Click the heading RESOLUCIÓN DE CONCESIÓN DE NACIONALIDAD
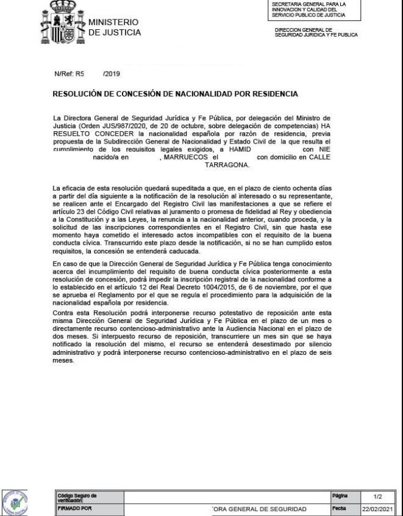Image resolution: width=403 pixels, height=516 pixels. [176, 95]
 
